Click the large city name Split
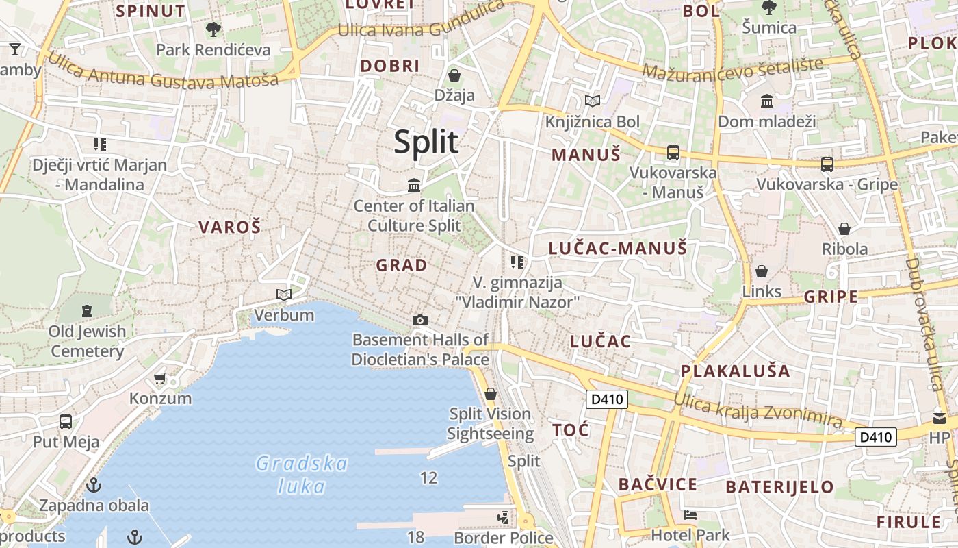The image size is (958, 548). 426,142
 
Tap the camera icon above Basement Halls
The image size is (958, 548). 420,320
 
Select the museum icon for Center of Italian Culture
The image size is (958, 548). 414,185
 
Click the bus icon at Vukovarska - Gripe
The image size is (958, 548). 827,164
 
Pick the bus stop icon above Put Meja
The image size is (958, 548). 66,422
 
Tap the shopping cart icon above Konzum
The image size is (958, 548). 160,379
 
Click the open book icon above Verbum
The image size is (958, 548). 283,295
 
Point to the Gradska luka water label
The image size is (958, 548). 301,475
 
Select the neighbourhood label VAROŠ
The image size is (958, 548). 230,227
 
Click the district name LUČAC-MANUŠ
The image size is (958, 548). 617,249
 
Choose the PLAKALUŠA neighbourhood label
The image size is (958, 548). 735,371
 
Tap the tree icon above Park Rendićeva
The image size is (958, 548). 213,29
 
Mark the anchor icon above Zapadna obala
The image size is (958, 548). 94,485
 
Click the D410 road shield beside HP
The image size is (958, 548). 876,437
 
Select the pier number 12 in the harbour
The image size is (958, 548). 428,477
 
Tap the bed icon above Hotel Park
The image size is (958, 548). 690,514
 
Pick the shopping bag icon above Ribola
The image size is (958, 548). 844,229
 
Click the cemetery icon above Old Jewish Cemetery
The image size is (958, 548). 87,311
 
